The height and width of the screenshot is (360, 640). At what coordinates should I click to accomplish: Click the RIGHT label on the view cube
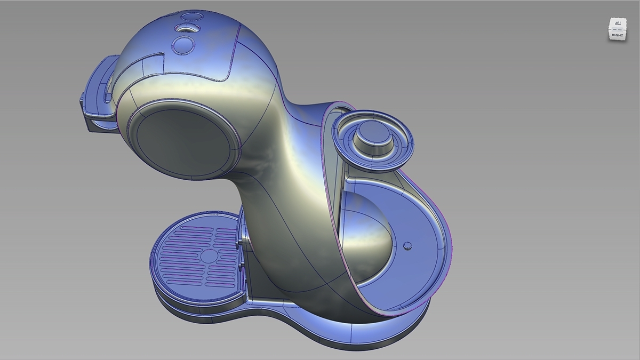point(617,35)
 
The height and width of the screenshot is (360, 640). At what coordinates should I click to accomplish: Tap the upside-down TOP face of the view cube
point(618,24)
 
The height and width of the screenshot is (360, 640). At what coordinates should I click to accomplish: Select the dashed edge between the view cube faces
point(617,30)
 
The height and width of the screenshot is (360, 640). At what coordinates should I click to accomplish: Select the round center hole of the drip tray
point(209,257)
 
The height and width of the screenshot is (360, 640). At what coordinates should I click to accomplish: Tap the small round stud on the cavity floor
point(407,245)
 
